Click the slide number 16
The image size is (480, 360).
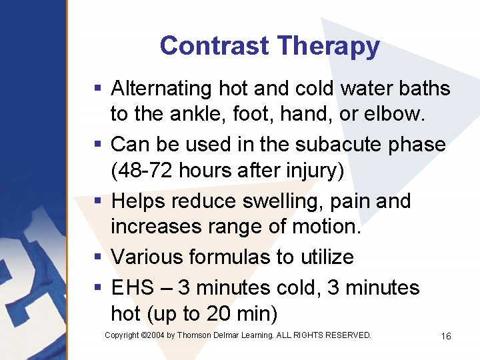click(446, 336)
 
